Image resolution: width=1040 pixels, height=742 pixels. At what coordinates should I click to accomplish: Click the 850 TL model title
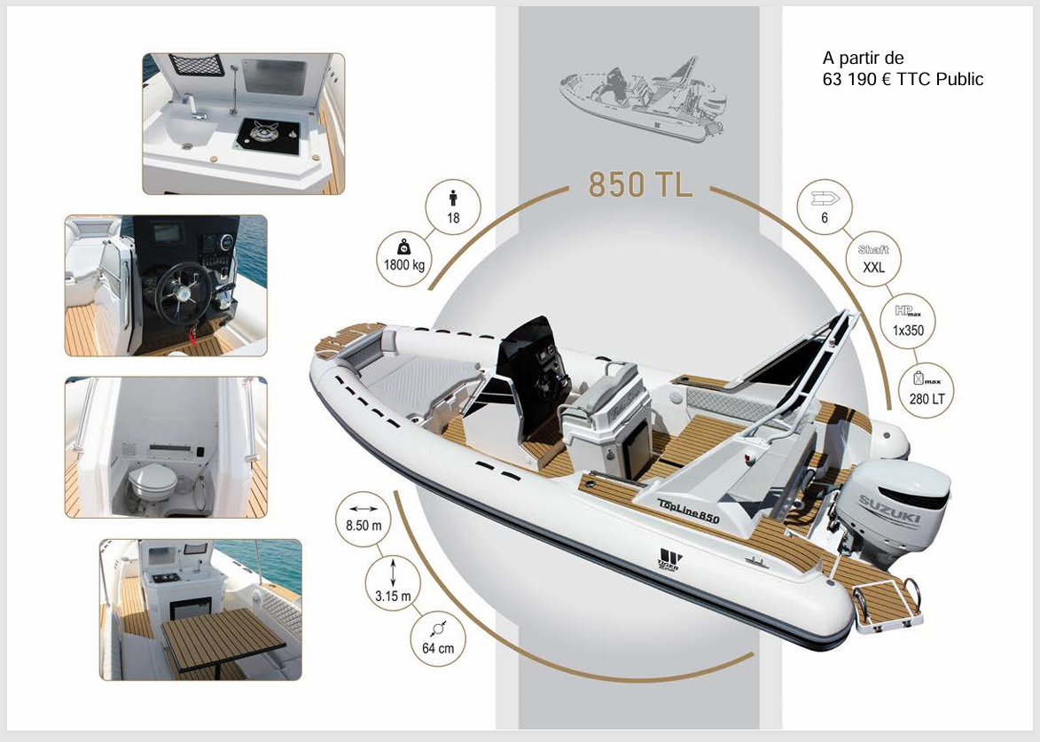click(x=640, y=184)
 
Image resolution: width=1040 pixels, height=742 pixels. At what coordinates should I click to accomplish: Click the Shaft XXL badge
click(x=873, y=259)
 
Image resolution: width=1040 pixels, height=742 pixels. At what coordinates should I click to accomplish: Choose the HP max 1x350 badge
click(x=908, y=321)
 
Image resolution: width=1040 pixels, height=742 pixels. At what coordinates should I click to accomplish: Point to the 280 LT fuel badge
click(x=927, y=390)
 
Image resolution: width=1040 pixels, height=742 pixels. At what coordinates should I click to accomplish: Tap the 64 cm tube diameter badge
click(x=438, y=638)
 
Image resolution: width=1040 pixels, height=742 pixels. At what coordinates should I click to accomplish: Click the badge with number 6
click(x=825, y=207)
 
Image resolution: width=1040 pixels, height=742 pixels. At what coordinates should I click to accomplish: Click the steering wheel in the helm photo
click(x=184, y=293)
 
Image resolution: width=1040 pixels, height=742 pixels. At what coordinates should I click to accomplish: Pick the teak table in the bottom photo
click(x=223, y=637)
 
